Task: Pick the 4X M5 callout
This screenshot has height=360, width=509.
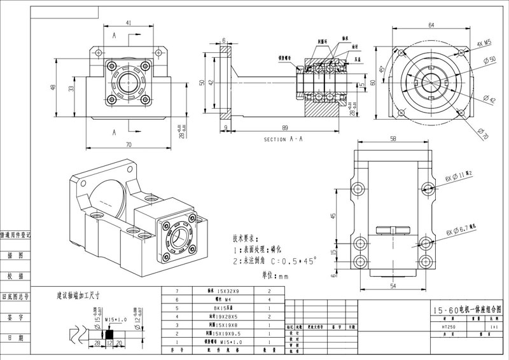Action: tap(485, 44)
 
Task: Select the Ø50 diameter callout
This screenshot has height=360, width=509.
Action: tap(489, 60)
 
